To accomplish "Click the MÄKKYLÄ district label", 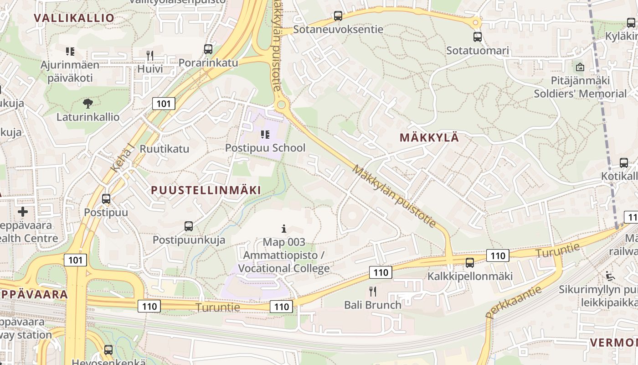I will point(429,137).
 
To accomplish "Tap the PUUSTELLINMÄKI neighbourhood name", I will point(206,190).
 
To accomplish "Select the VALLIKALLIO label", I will point(74,18).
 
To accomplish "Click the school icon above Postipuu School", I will point(265,135).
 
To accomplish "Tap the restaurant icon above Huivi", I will point(150,56).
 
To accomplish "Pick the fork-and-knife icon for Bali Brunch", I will point(373,291).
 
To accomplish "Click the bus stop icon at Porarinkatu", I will point(208,49).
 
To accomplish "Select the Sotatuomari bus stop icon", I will point(478,37).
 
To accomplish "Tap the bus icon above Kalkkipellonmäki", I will point(470,263).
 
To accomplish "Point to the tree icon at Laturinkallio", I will point(88,103).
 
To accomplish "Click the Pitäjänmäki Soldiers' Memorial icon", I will point(580,67).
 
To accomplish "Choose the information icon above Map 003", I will point(284,228).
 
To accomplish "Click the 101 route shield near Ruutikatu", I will point(164,104).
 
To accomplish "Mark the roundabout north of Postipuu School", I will point(281,105).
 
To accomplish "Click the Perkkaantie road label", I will point(513,302).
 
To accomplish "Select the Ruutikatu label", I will point(164,149).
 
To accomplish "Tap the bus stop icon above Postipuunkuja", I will point(189,226).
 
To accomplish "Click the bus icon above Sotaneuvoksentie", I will point(338,16).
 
